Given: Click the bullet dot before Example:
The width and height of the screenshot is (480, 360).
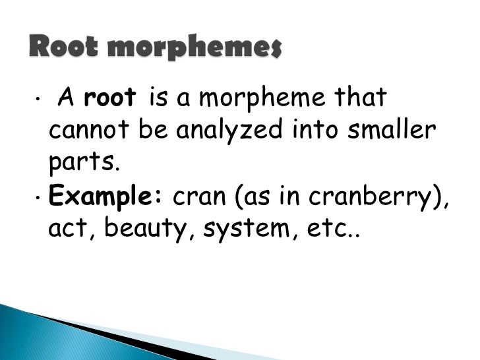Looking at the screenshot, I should [x=39, y=197].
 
